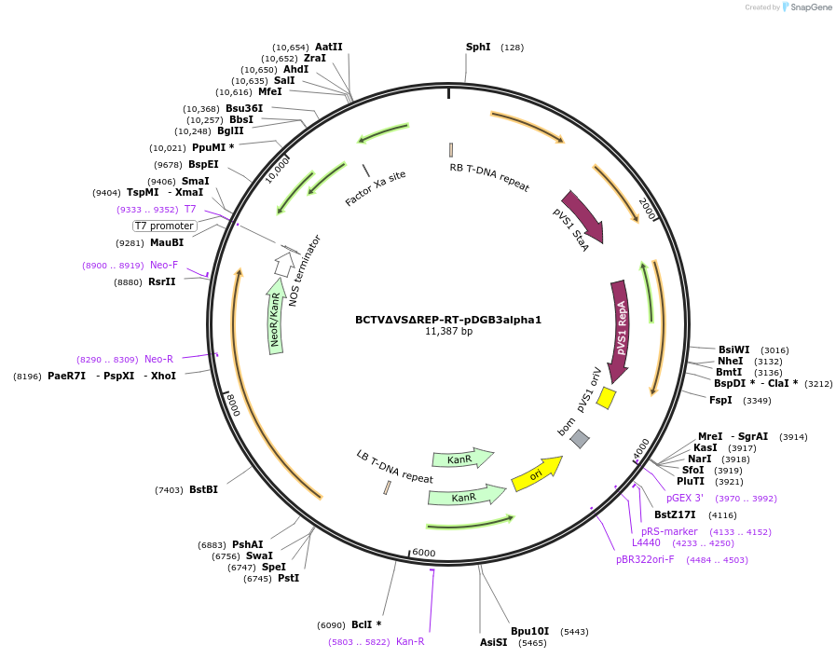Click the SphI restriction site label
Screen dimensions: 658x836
click(478, 47)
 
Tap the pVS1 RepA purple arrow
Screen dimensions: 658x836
click(620, 331)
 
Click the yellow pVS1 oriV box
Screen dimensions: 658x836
click(606, 398)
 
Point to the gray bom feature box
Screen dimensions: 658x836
click(580, 438)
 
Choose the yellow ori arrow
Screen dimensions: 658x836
click(537, 473)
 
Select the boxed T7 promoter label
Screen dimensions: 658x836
click(165, 226)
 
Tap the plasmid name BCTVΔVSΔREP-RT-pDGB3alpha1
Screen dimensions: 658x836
click(447, 320)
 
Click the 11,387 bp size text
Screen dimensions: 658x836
click(448, 332)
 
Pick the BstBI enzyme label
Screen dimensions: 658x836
click(203, 489)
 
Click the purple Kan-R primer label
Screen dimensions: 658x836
click(410, 641)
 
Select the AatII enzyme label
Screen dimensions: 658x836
click(328, 47)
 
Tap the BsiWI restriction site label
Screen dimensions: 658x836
click(733, 350)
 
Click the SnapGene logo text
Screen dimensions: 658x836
click(807, 7)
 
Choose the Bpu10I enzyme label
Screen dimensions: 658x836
click(529, 631)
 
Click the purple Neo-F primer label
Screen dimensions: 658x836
click(164, 265)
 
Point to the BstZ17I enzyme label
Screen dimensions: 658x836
click(675, 514)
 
